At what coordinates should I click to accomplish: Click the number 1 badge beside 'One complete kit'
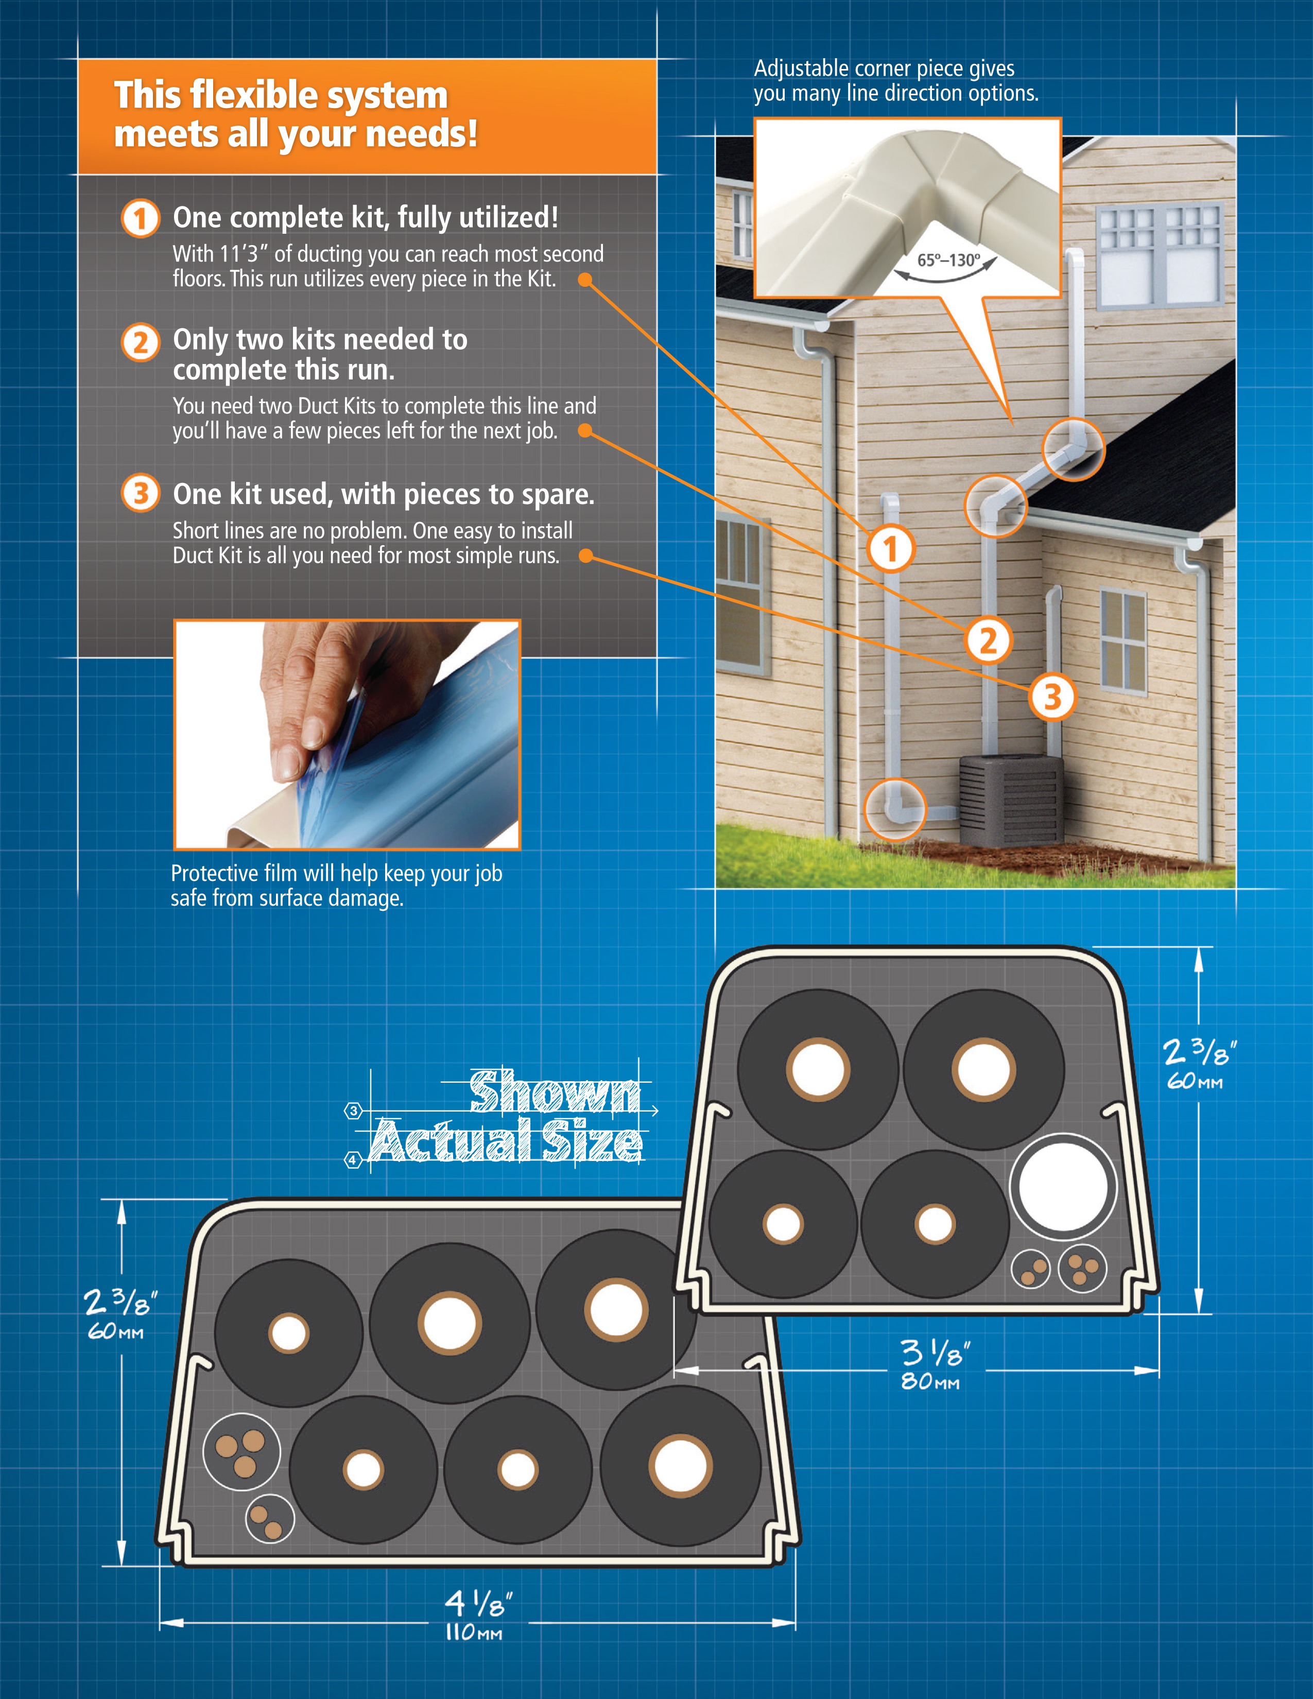tap(140, 219)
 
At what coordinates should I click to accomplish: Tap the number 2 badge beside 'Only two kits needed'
tap(140, 342)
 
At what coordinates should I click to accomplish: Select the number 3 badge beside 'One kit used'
tap(140, 493)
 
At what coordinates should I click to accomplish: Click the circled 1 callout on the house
tap(891, 548)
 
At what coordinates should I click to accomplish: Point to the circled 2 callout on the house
tap(988, 640)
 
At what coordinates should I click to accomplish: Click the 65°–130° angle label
tap(948, 260)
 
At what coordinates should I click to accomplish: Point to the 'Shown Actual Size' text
tap(506, 1116)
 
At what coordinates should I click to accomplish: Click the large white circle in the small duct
tap(1063, 1187)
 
